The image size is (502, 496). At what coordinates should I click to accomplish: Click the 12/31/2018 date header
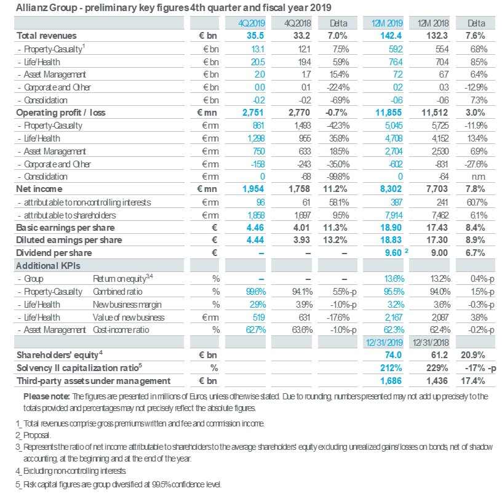(x=431, y=343)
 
